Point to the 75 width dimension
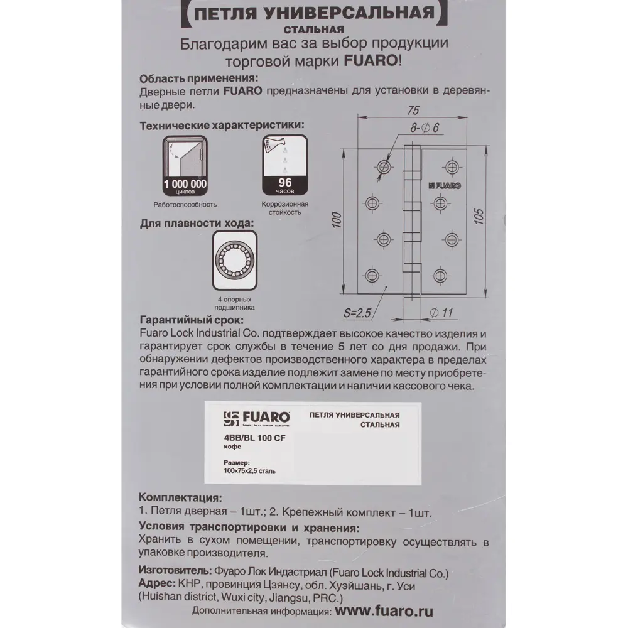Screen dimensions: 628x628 (x=413, y=110)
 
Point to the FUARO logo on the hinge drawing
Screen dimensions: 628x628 (x=445, y=185)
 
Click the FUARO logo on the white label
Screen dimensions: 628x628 (x=257, y=417)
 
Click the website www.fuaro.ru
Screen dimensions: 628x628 (x=384, y=610)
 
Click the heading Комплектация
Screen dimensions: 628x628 (x=179, y=497)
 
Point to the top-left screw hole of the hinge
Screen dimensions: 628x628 (x=384, y=166)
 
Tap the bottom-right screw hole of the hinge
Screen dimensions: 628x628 (x=438, y=274)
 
